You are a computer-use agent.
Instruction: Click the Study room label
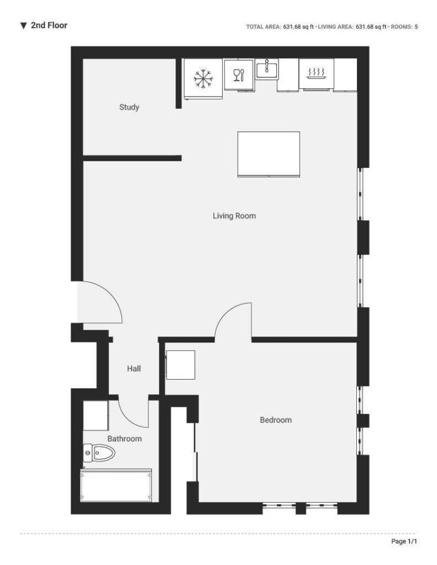(129, 107)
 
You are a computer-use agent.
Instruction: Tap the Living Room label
(234, 216)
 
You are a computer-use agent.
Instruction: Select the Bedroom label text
(276, 420)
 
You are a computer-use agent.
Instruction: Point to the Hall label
(134, 368)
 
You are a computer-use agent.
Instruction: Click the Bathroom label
(124, 438)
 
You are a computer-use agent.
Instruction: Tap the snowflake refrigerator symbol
(203, 78)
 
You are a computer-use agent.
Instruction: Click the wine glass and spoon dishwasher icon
(239, 75)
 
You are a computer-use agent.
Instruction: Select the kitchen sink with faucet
(267, 69)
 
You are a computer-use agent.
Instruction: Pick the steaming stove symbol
(316, 73)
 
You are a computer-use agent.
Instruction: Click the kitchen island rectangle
(269, 154)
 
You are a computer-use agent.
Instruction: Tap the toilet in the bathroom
(99, 453)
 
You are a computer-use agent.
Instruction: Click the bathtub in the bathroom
(116, 485)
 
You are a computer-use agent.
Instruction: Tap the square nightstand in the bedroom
(181, 365)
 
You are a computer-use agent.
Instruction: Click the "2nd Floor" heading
(49, 25)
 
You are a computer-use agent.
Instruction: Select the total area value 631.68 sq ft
(299, 26)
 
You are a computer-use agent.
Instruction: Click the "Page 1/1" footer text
(404, 541)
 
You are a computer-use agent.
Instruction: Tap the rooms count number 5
(416, 26)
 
